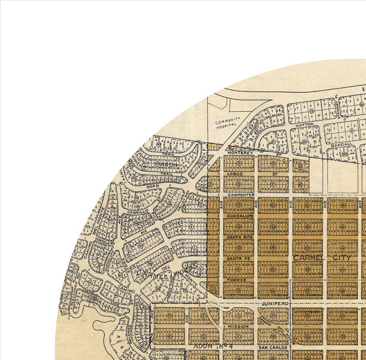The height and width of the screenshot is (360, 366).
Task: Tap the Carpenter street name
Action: pyautogui.click(x=239, y=194)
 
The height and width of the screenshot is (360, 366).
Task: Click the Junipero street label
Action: pyautogui.click(x=272, y=303)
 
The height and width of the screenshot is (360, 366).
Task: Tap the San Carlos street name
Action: pyautogui.click(x=270, y=347)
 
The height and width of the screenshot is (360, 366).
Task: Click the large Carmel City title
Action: pyautogui.click(x=322, y=258)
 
